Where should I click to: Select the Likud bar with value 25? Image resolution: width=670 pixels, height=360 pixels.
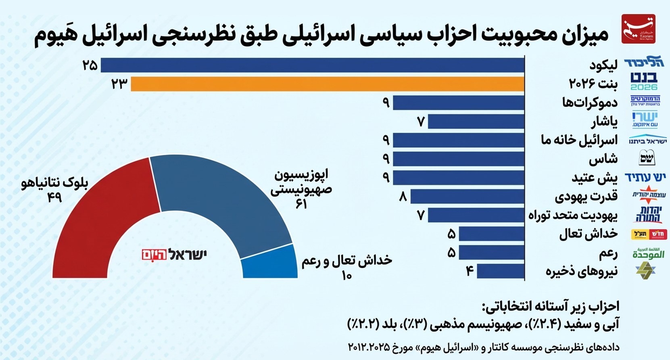(313, 65)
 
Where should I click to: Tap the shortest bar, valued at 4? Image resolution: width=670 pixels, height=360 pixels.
(500, 271)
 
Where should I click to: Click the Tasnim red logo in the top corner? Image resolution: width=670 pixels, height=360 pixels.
(638, 29)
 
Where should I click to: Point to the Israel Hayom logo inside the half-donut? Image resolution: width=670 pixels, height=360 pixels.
(174, 255)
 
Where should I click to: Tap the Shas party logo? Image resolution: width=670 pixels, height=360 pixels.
(647, 158)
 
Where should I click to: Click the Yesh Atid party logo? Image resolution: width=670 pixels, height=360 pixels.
(645, 177)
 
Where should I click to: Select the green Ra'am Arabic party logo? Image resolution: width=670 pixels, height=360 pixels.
(648, 253)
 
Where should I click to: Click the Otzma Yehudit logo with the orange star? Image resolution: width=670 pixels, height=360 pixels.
(649, 195)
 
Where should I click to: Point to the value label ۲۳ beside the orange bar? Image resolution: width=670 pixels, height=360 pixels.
(119, 84)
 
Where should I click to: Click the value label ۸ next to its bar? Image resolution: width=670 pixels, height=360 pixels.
(403, 197)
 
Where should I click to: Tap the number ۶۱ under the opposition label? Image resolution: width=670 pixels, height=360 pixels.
(301, 204)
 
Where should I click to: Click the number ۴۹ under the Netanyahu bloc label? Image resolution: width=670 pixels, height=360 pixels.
(54, 197)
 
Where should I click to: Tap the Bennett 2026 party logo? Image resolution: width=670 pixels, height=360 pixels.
(644, 82)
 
